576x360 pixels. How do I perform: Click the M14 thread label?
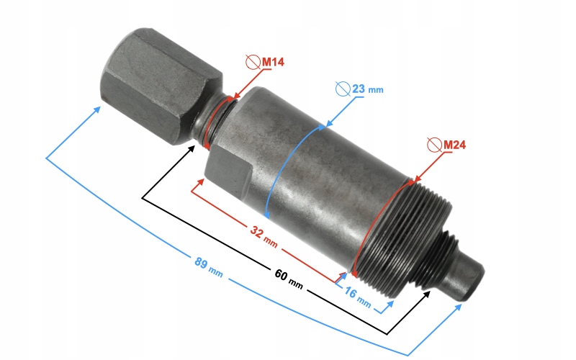click(x=273, y=63)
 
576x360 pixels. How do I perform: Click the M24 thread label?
click(x=454, y=145)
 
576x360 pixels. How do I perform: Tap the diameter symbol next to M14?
click(x=253, y=63)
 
